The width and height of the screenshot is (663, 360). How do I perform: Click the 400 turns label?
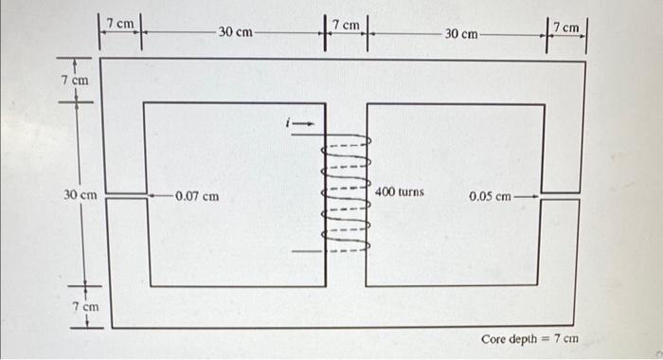click(x=400, y=192)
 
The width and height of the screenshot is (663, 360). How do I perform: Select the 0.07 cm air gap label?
click(x=196, y=196)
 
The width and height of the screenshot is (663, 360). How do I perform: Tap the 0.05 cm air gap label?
click(x=490, y=197)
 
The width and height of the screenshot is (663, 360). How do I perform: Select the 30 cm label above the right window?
click(x=462, y=34)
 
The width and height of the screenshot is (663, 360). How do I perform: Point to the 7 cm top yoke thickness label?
click(x=75, y=81)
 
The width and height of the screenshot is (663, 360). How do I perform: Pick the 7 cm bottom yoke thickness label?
click(x=86, y=307)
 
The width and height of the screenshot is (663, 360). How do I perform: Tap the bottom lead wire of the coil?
click(x=307, y=251)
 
